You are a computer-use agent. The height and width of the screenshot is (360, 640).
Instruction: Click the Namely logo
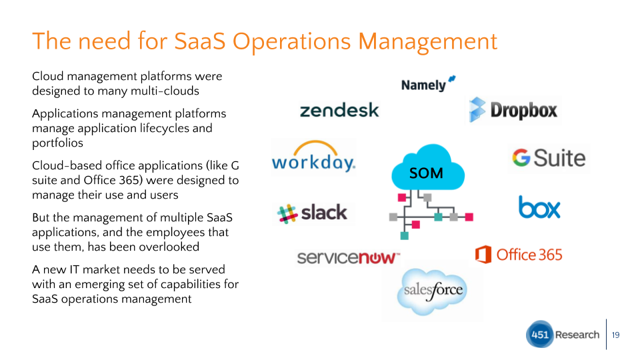pos(428,84)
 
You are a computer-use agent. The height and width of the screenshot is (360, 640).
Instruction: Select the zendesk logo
pos(339,110)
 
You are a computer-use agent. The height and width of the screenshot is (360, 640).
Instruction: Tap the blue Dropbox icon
pos(477,110)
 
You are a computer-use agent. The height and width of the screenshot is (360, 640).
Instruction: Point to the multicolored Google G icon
pos(521,157)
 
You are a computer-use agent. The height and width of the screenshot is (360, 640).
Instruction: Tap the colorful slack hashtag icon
pos(287,214)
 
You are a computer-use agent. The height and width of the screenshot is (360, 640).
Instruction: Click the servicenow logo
pos(348,257)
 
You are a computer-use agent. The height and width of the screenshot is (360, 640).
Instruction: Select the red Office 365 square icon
pos(483,255)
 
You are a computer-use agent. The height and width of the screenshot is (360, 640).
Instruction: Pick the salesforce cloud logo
pos(432,291)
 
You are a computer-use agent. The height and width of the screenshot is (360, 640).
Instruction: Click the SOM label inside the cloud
pos(426,173)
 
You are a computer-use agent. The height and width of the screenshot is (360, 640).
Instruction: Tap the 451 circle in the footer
pos(539,334)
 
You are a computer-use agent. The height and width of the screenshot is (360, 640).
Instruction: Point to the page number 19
pos(615,335)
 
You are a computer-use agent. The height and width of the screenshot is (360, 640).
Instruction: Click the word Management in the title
pos(428,41)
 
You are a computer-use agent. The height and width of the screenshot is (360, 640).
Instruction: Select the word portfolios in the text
pos(57,143)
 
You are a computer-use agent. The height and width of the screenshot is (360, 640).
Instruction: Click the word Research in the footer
pos(577,335)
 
